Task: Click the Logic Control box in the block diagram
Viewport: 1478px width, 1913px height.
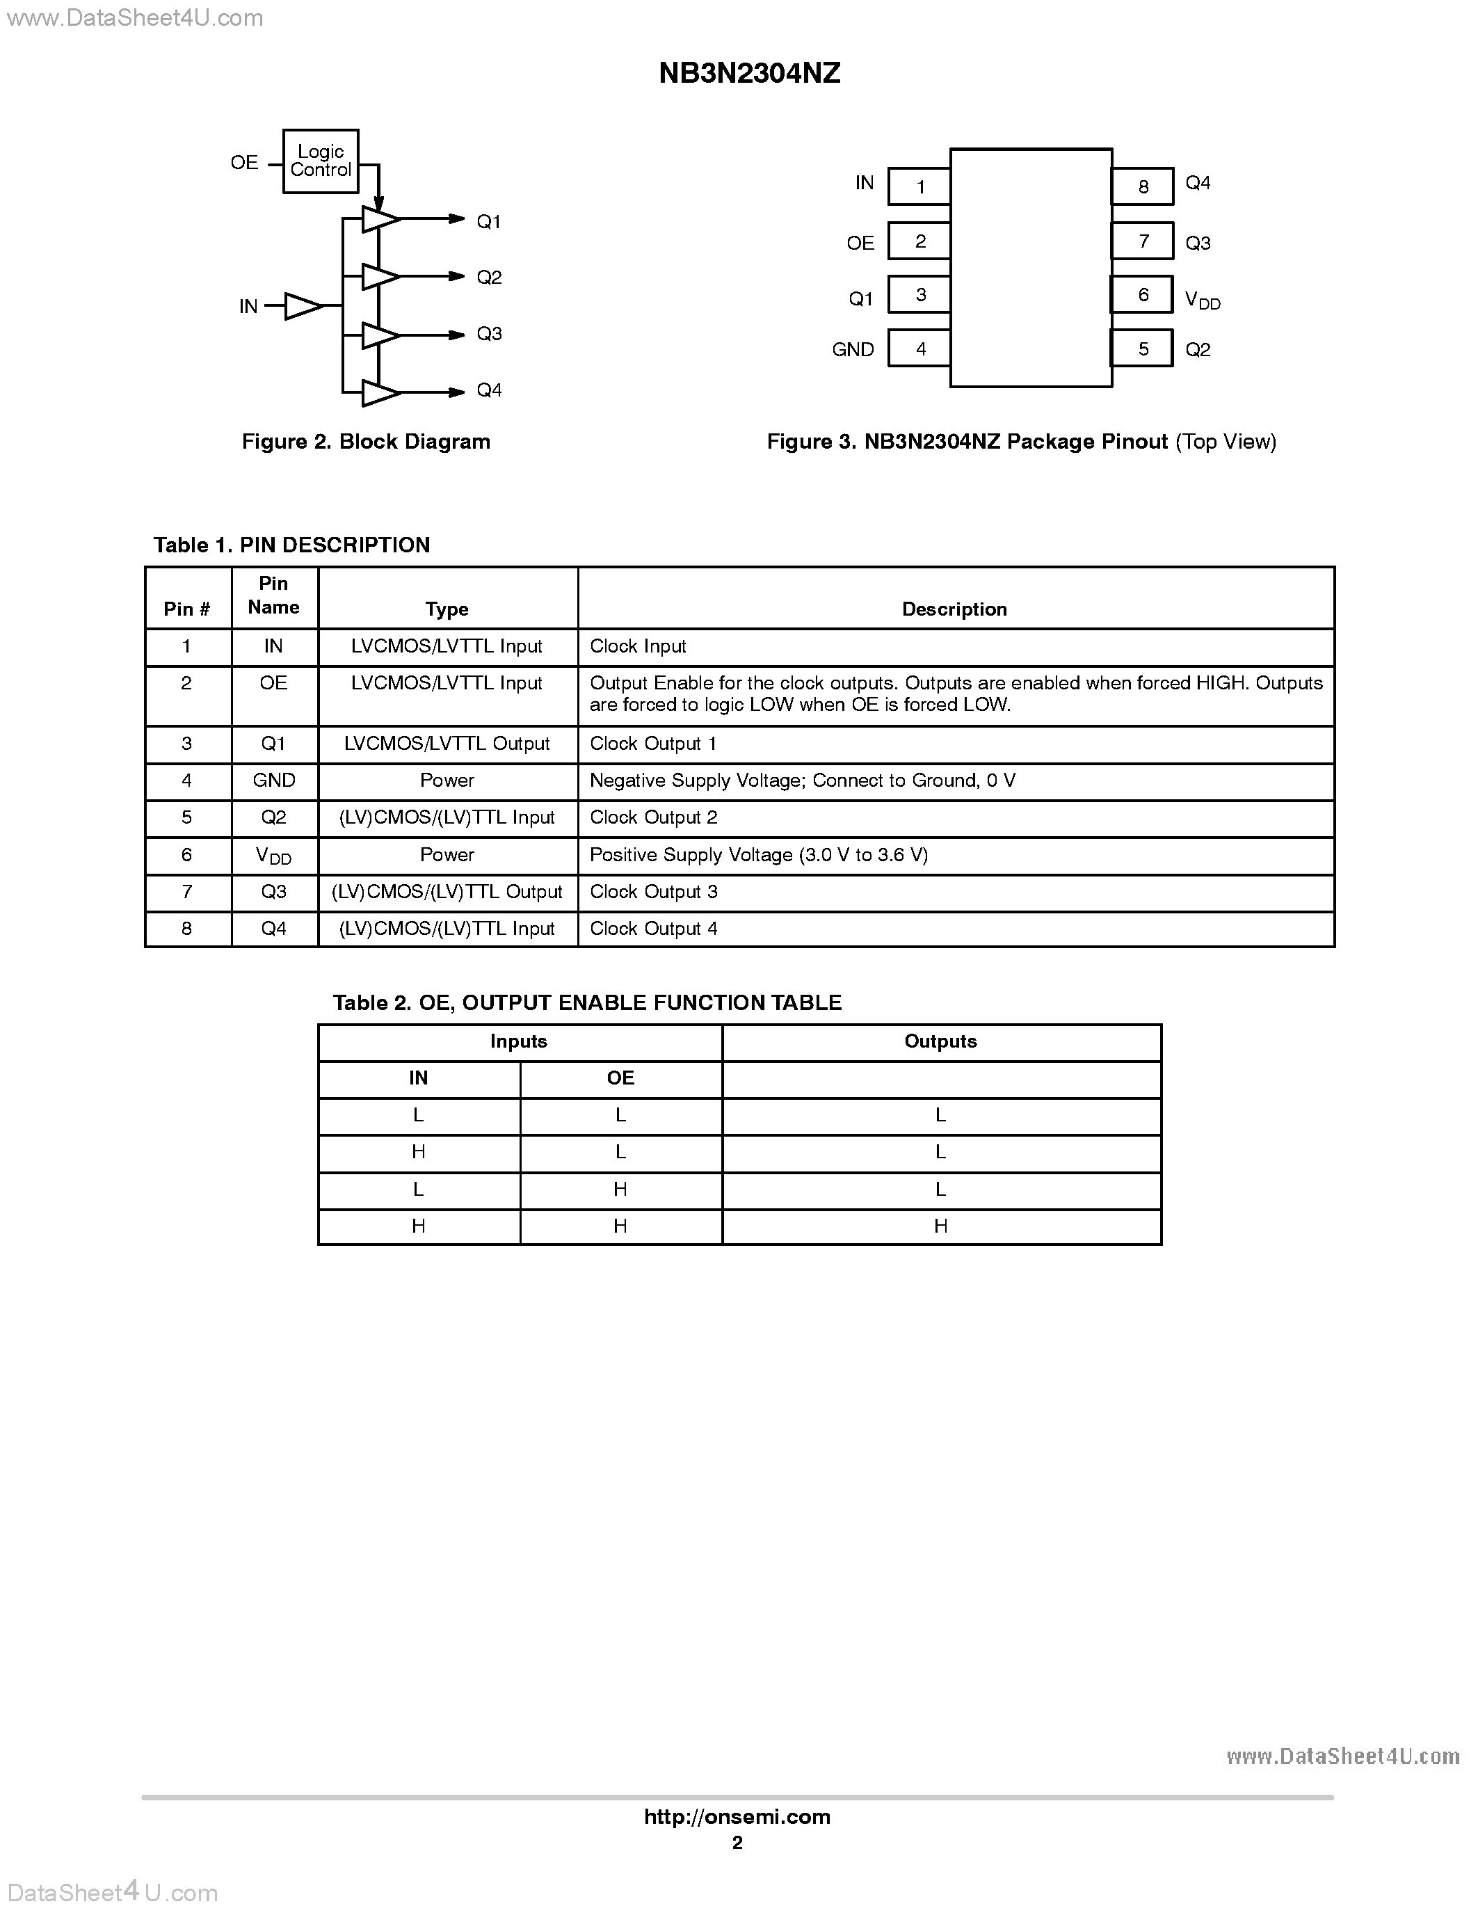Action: tap(321, 161)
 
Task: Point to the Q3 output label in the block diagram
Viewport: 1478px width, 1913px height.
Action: tap(488, 334)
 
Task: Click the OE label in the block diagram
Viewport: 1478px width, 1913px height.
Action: tap(244, 163)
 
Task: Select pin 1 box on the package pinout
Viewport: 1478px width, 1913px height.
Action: tap(919, 186)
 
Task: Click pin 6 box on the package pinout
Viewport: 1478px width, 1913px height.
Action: tap(1142, 295)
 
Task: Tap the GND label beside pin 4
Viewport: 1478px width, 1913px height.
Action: tap(853, 349)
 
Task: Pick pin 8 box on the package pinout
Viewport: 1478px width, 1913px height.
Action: tap(1143, 186)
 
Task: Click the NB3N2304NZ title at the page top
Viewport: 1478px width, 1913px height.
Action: tap(750, 74)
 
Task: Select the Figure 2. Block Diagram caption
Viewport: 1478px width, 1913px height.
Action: tap(366, 442)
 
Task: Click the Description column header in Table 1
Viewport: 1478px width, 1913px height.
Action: tap(954, 609)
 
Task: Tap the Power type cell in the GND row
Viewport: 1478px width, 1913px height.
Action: tap(447, 781)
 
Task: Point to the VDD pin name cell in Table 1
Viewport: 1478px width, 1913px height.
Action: tap(273, 856)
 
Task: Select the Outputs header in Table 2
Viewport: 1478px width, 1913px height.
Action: tap(940, 1041)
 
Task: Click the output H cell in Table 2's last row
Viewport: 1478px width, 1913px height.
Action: tap(940, 1226)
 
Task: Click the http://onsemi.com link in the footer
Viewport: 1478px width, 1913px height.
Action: tap(737, 1816)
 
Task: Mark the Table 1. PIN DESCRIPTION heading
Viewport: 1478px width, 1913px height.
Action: tap(291, 545)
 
